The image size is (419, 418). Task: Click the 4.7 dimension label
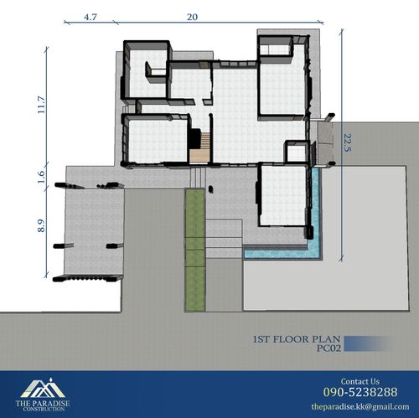click(91, 17)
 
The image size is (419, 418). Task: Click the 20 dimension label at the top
click(192, 17)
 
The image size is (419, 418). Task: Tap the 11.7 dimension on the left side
click(41, 105)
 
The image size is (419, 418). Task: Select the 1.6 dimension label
click(41, 177)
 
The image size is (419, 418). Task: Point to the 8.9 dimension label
click(41, 226)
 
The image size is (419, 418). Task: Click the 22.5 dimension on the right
click(347, 143)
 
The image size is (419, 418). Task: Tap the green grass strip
click(194, 250)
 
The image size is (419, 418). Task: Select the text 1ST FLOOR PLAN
click(297, 339)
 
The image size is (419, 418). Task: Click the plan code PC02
click(328, 348)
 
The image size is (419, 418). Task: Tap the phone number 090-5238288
click(360, 392)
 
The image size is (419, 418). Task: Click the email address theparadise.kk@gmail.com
click(360, 406)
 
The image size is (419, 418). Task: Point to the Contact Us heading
click(360, 381)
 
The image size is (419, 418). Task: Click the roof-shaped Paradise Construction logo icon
click(43, 388)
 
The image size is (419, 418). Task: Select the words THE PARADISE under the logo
click(43, 403)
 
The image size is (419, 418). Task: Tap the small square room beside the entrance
click(297, 152)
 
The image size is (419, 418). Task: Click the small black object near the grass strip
click(211, 189)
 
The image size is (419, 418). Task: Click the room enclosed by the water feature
click(283, 195)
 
